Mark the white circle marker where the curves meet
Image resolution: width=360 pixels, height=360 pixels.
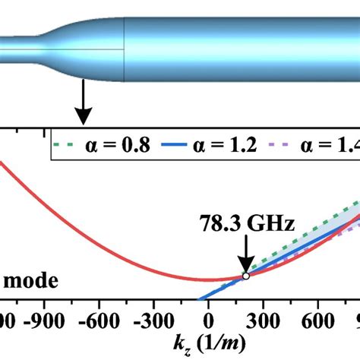245,276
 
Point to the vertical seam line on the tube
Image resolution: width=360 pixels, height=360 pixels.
124,49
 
